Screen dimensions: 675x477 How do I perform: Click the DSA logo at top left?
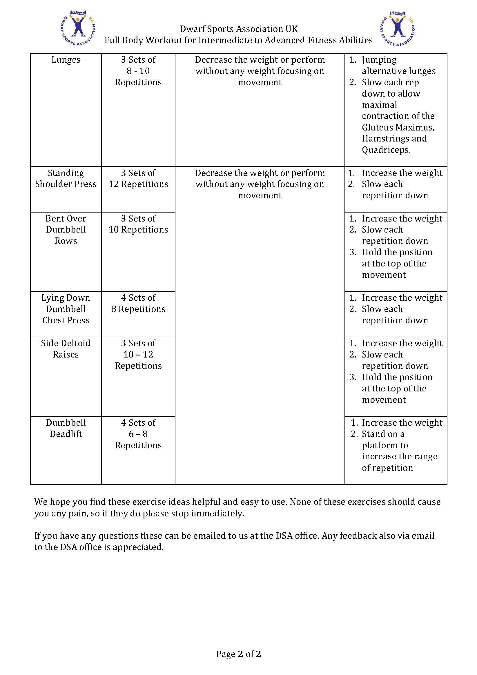click(77, 28)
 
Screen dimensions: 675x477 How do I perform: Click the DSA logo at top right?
click(397, 28)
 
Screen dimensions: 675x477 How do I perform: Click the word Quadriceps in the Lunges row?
click(386, 150)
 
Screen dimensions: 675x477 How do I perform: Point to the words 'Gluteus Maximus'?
click(398, 127)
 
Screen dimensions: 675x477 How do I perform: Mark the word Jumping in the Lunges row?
click(379, 60)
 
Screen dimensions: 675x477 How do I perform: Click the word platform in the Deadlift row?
click(385, 445)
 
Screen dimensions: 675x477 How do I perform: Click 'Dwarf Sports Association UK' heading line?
click(238, 29)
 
